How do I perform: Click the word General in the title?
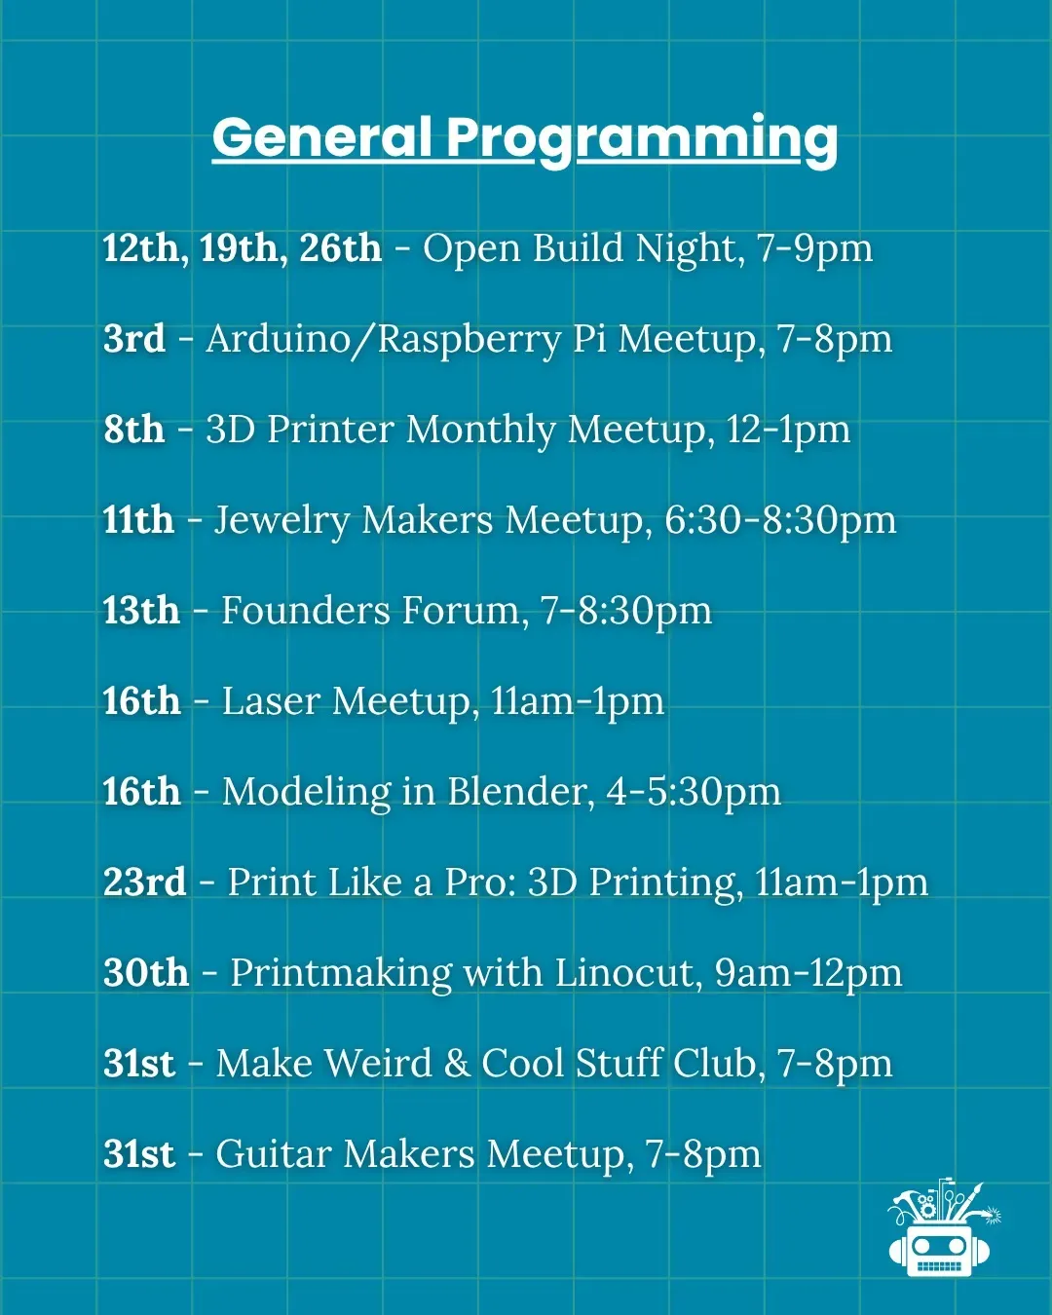[321, 137]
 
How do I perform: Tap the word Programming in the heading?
[642, 141]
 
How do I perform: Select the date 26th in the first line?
[340, 248]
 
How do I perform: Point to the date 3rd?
[134, 339]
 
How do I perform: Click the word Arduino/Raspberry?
[383, 341]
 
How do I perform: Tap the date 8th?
[134, 429]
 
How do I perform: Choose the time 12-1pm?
[789, 431]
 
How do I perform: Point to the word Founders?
[305, 610]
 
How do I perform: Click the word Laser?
[271, 701]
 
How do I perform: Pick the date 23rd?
[145, 882]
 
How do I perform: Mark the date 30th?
[145, 972]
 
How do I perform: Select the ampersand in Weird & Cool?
[457, 1064]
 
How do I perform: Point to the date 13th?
[141, 610]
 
